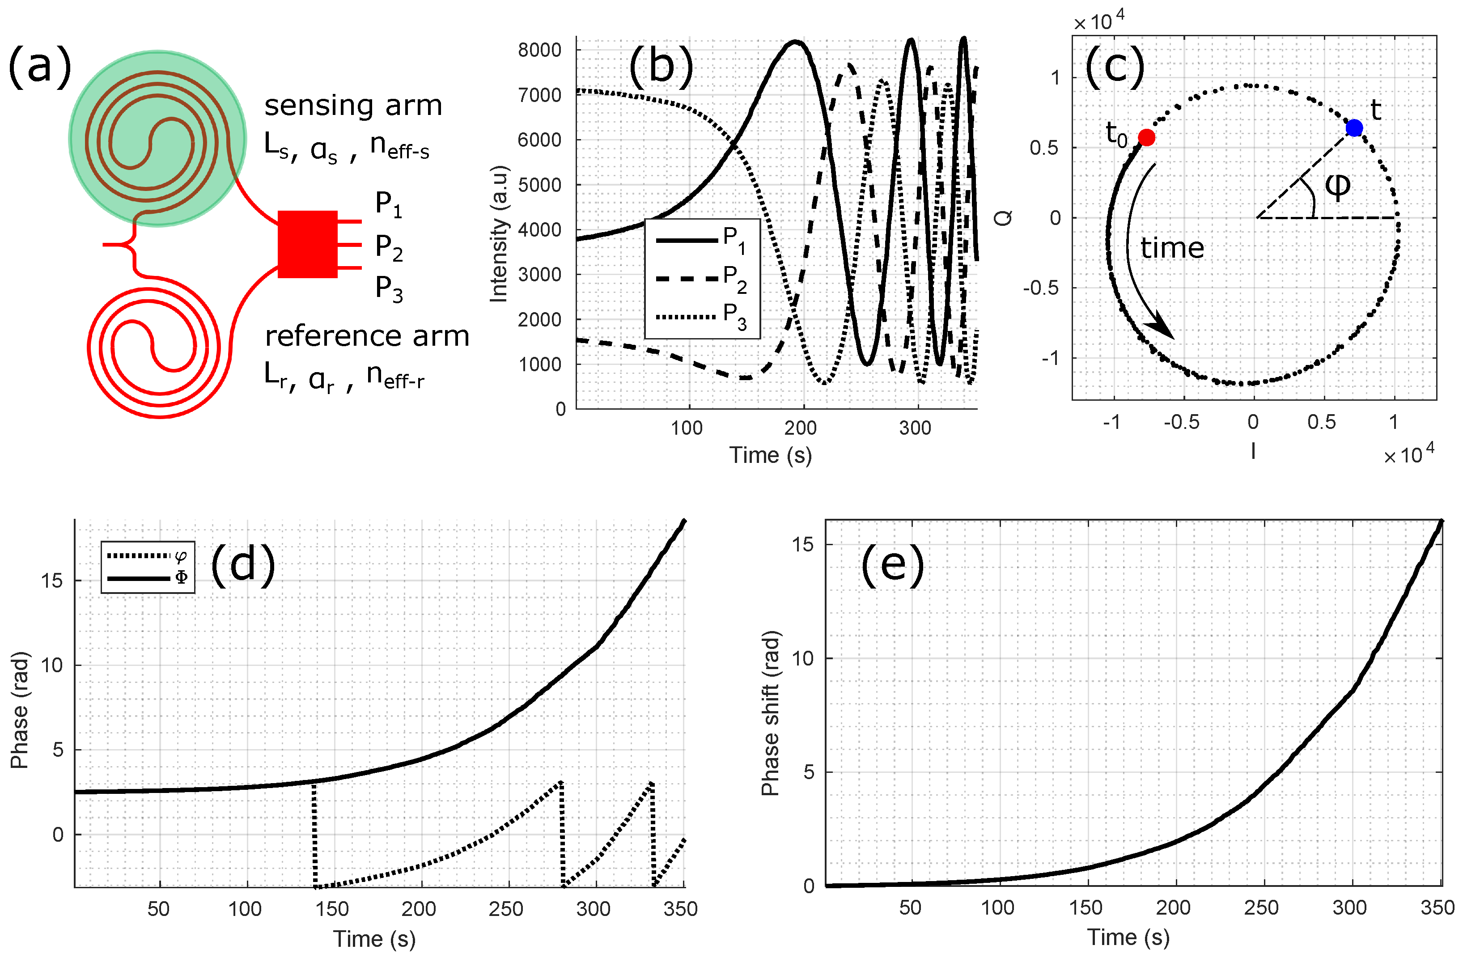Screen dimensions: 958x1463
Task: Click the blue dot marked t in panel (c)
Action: (1354, 128)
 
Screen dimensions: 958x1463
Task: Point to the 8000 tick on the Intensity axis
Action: (540, 51)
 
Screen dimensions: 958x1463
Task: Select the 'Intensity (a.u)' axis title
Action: (499, 233)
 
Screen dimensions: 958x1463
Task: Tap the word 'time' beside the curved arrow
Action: (1172, 248)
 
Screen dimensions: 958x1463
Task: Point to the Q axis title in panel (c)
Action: (1003, 217)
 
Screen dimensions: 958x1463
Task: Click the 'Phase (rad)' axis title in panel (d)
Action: (20, 710)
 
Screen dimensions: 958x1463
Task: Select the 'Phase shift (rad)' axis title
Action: (770, 713)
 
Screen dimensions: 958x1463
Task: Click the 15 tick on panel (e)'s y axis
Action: (802, 544)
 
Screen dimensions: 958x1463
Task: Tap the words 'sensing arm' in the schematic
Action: (353, 106)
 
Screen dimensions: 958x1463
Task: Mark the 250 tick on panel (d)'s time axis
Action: (506, 908)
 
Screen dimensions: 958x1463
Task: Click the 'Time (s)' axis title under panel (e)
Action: (1128, 937)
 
